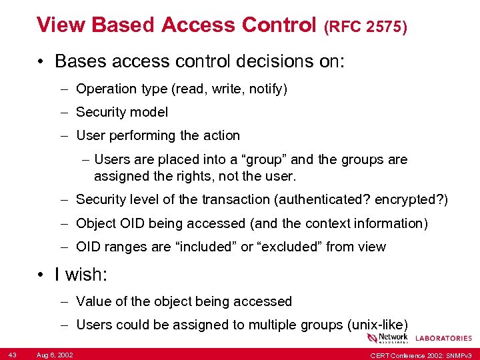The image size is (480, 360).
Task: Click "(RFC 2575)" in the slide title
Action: point(365,27)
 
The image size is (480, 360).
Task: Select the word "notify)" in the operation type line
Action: point(268,89)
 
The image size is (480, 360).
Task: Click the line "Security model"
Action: point(122,112)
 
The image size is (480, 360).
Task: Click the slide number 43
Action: point(13,355)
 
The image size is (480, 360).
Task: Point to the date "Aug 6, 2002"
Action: point(55,355)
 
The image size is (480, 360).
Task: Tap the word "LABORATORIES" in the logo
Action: point(443,339)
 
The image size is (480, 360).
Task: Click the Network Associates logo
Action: point(393,338)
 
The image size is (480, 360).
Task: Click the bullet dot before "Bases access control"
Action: point(41,62)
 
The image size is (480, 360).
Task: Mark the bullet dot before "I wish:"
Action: point(41,275)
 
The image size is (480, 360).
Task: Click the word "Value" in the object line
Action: point(93,301)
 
